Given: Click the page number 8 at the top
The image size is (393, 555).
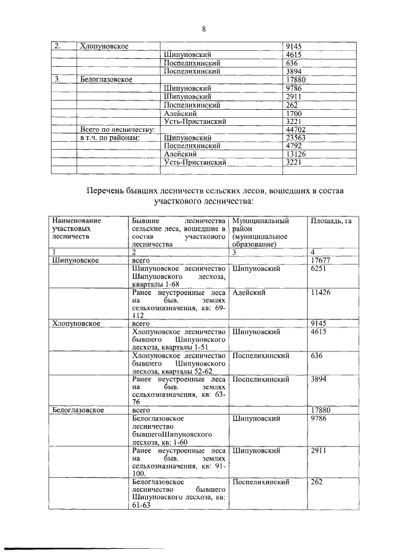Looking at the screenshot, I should [x=204, y=28].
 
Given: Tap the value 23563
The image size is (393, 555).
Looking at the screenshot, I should [x=297, y=138].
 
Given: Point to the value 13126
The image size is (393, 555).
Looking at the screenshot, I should [x=297, y=155].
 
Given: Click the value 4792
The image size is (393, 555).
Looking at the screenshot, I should [x=295, y=147].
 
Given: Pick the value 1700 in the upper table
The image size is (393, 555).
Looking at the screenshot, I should [x=295, y=113].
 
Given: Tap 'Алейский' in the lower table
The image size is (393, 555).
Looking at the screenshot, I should [x=249, y=293].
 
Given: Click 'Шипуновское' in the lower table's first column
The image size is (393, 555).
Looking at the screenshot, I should [x=76, y=260].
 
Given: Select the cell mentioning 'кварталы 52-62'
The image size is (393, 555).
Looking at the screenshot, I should [x=177, y=363].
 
